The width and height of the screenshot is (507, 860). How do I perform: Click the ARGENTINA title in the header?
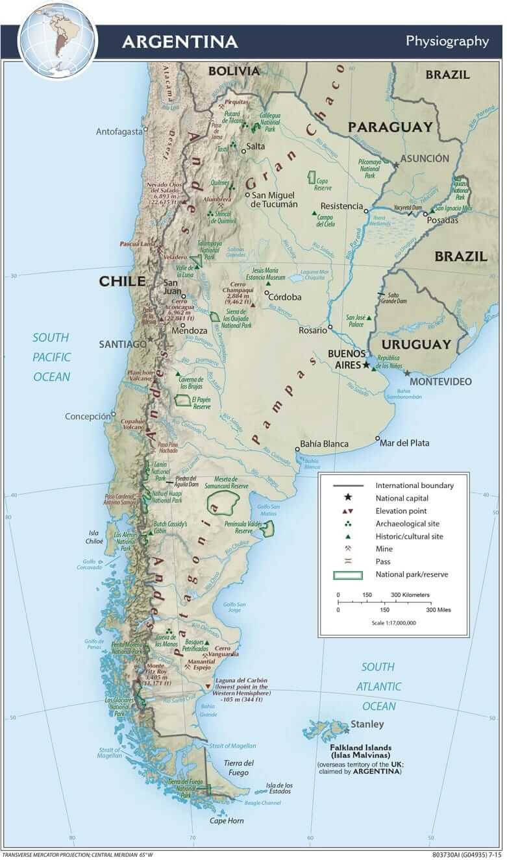click(180, 42)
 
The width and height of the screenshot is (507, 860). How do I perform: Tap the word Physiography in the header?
click(447, 41)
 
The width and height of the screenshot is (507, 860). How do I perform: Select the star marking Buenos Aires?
click(366, 365)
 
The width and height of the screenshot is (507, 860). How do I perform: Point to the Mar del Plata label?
click(405, 443)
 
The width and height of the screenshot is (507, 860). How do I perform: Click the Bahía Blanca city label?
click(323, 444)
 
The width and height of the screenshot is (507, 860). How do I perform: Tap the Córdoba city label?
click(284, 297)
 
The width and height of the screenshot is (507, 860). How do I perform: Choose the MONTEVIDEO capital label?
click(440, 381)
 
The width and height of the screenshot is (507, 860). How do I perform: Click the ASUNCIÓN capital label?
click(425, 158)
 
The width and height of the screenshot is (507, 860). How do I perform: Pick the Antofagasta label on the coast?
click(119, 131)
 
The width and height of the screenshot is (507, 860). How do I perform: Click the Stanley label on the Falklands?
click(367, 724)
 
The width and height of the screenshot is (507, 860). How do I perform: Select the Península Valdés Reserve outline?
click(267, 530)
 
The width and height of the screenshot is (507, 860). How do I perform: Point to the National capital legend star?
click(348, 498)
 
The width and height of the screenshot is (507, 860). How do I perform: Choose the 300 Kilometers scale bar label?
click(410, 595)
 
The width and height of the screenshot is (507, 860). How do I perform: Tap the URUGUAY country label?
click(415, 344)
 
